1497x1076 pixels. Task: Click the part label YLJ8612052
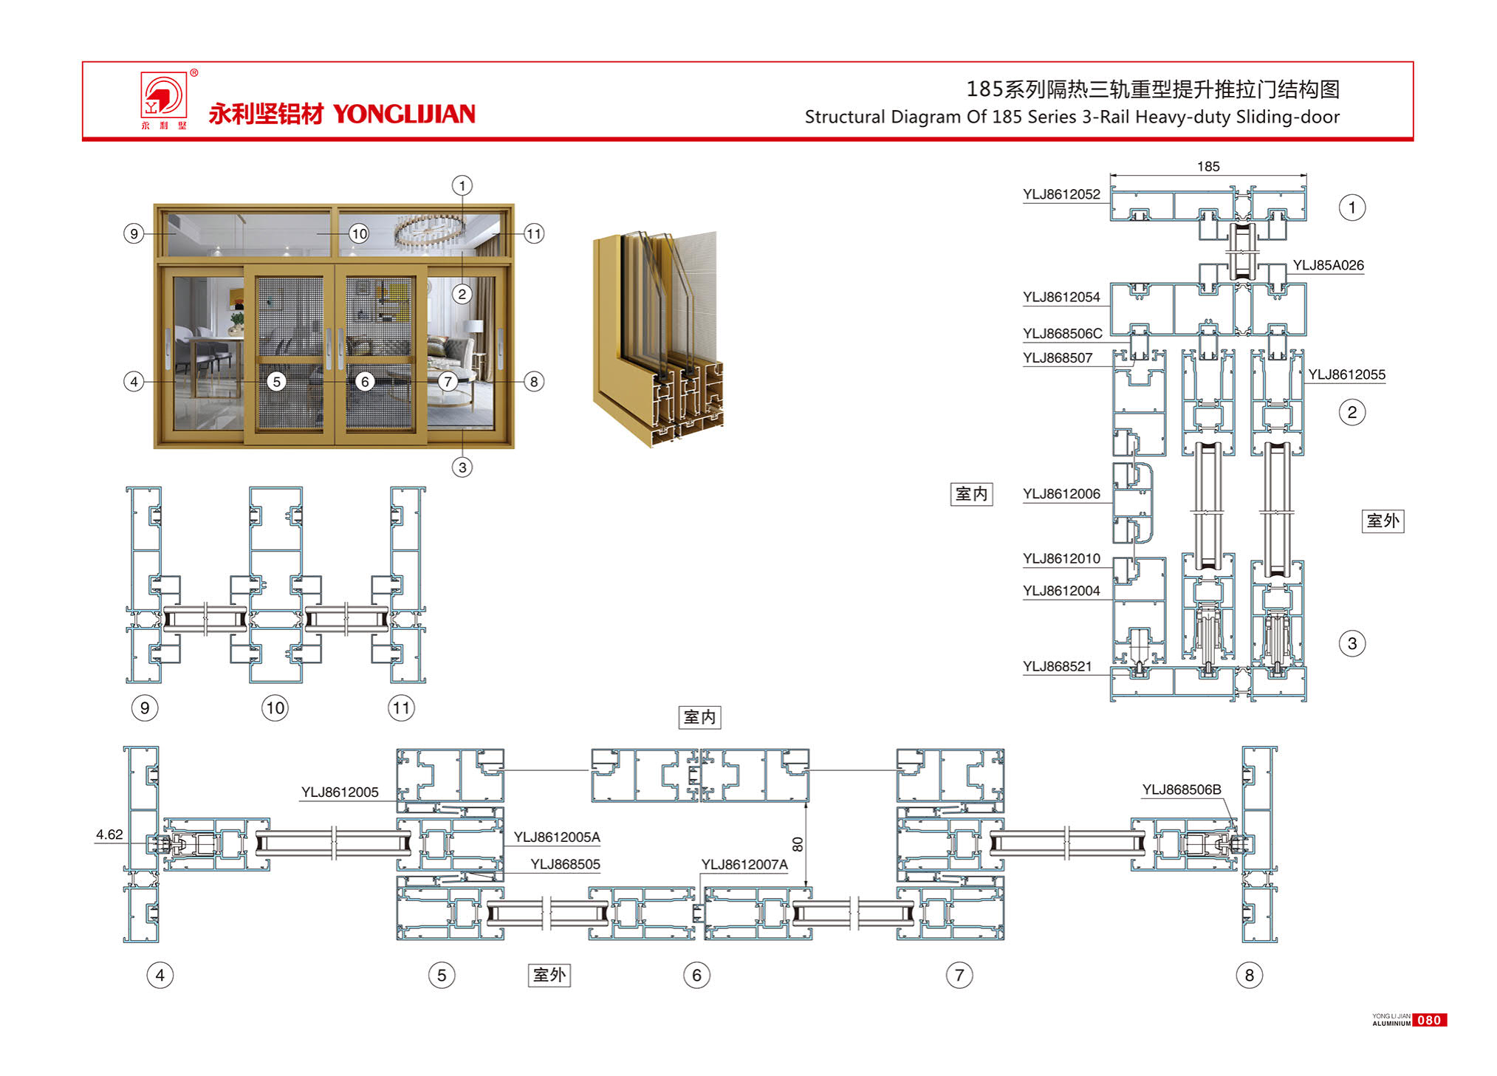1061,194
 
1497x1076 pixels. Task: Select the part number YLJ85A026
1328,265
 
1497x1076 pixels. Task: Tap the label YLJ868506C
1062,333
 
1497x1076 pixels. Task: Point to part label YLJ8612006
1061,493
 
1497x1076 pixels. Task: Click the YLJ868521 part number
1057,666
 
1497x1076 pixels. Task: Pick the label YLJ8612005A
557,837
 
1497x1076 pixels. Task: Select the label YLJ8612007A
744,864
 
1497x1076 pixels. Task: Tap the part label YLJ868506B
1182,789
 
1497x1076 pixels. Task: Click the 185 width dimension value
1208,166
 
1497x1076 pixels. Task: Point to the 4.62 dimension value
109,835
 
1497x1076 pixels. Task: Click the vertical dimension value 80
797,844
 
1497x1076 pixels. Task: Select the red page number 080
1429,1020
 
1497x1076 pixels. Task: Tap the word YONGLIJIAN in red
404,114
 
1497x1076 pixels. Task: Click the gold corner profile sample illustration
657,340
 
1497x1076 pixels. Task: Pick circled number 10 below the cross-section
275,708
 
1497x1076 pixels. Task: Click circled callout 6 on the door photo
364,381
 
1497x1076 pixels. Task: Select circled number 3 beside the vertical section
1352,643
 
